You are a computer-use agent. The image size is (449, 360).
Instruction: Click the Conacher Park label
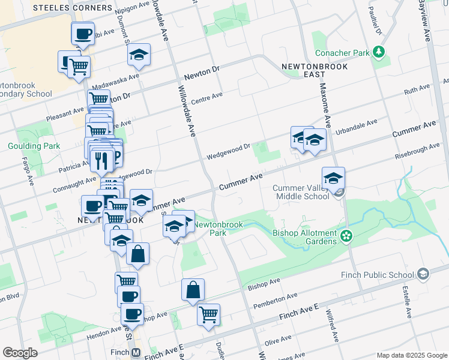click(x=342, y=53)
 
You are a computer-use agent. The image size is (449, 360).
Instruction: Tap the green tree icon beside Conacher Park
click(x=379, y=53)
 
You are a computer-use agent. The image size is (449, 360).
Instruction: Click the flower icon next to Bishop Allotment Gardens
click(x=346, y=236)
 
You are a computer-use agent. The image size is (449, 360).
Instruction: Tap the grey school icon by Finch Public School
click(x=423, y=275)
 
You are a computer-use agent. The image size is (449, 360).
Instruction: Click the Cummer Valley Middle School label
click(x=301, y=192)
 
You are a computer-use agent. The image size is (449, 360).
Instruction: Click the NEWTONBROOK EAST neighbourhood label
click(x=303, y=69)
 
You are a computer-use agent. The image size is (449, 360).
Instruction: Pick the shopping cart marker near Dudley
click(x=208, y=314)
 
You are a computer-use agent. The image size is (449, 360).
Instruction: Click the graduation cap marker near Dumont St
click(x=139, y=55)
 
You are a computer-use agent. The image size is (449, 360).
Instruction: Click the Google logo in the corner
click(x=20, y=353)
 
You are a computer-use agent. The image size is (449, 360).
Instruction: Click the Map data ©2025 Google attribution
click(x=411, y=355)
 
